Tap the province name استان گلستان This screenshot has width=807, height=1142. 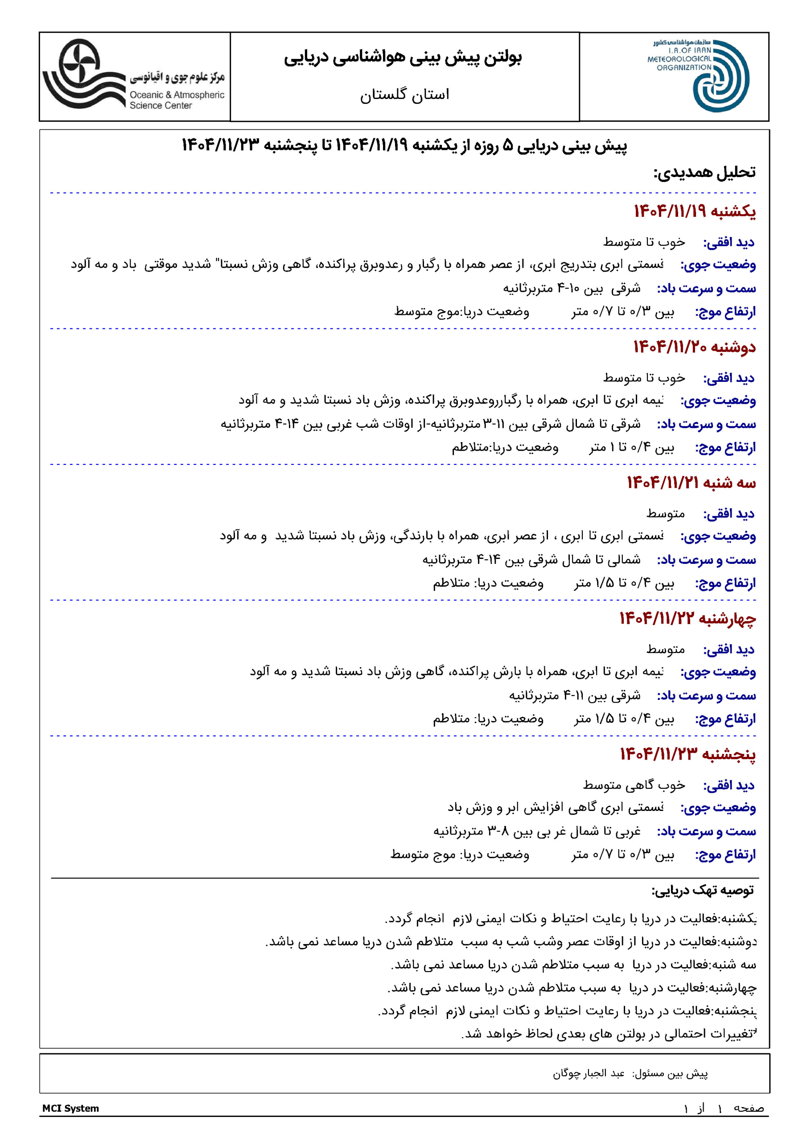(x=404, y=95)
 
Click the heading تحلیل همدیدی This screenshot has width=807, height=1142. (x=704, y=173)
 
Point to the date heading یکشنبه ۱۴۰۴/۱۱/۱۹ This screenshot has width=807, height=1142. (x=694, y=211)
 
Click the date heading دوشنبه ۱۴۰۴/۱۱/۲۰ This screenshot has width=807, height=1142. (x=694, y=347)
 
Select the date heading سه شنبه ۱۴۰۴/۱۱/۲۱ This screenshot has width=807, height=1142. (x=691, y=483)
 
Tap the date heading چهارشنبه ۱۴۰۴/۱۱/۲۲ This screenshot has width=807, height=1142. (x=688, y=618)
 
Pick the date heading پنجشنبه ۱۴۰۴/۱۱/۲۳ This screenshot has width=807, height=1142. (x=688, y=754)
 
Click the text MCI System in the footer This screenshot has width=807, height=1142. (x=70, y=1108)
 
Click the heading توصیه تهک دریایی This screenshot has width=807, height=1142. (x=703, y=890)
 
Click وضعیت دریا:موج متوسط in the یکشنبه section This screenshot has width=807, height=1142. (x=461, y=312)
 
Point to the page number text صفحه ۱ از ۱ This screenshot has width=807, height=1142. (x=724, y=1108)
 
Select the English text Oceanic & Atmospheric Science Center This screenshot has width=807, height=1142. (x=177, y=100)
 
